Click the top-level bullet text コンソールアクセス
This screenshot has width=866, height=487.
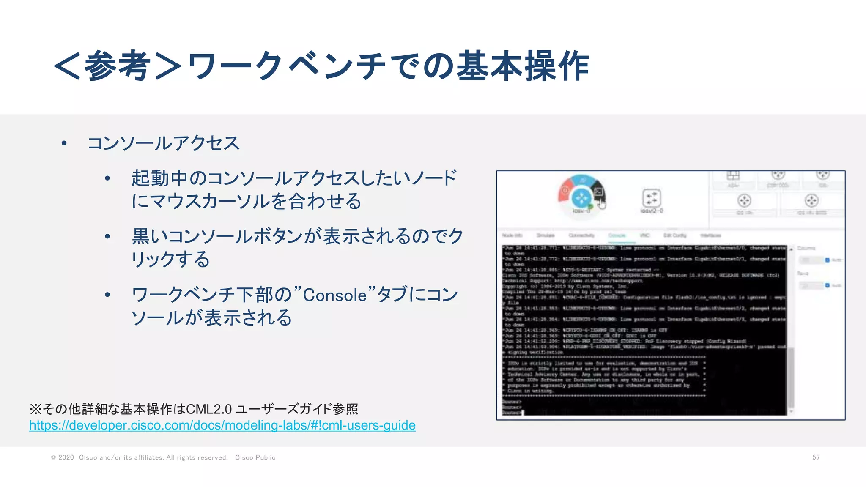pyautogui.click(x=163, y=143)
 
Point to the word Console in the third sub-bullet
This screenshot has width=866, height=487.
pyautogui.click(x=334, y=295)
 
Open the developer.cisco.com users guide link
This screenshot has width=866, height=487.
pyautogui.click(x=222, y=425)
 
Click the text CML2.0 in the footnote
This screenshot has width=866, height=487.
pyautogui.click(x=209, y=409)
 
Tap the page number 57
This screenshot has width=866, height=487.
pyautogui.click(x=816, y=457)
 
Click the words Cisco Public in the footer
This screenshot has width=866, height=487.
pyautogui.click(x=255, y=457)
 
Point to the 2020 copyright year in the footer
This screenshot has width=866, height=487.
pyautogui.click(x=66, y=457)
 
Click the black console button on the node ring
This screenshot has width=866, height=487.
pyautogui.click(x=598, y=192)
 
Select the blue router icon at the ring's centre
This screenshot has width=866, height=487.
pyautogui.click(x=582, y=197)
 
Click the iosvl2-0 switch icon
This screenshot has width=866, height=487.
pyautogui.click(x=651, y=198)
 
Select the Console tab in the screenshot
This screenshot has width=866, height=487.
pyautogui.click(x=617, y=235)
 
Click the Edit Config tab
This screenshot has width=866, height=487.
pyautogui.click(x=674, y=235)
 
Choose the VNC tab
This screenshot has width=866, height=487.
pyautogui.click(x=644, y=235)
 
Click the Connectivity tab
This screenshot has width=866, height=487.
pyautogui.click(x=581, y=235)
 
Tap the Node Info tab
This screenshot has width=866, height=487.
pyautogui.click(x=512, y=235)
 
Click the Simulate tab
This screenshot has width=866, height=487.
pyautogui.click(x=545, y=235)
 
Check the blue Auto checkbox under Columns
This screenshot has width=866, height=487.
pyautogui.click(x=827, y=260)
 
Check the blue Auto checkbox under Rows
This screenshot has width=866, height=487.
pyautogui.click(x=827, y=286)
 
